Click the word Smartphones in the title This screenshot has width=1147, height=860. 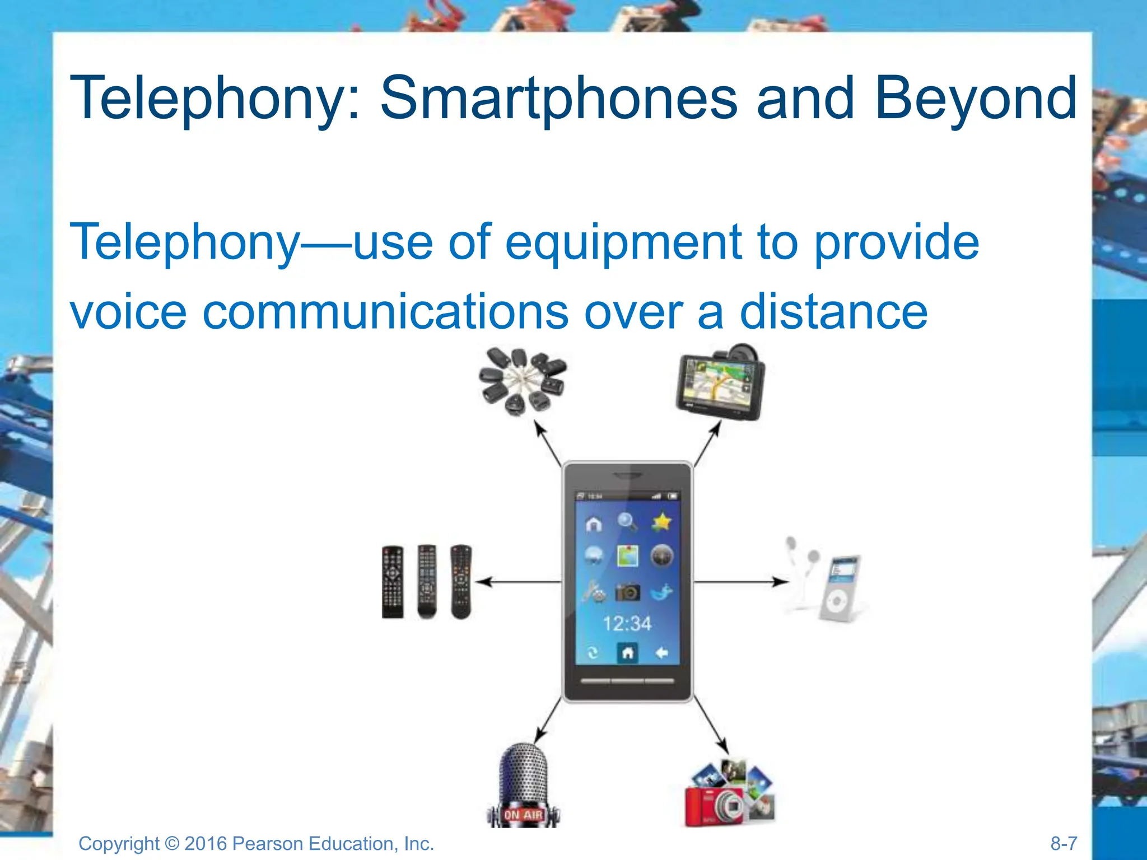coord(558,99)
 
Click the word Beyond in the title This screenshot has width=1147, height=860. coord(975,99)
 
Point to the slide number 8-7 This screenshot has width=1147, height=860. coord(1064,843)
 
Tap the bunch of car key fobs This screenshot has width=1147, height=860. coord(522,381)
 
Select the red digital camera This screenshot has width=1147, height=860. coord(714,805)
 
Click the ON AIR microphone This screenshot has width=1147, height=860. coord(523,784)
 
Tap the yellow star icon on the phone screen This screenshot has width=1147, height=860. coord(661,522)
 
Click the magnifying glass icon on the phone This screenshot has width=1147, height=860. coord(627,522)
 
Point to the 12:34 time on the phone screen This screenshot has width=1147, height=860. coord(627,623)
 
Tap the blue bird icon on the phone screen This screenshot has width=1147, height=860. coord(661,592)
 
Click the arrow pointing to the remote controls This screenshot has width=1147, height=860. coord(518,582)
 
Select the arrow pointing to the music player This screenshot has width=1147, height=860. coord(739,582)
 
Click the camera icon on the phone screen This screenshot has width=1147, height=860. coord(627,592)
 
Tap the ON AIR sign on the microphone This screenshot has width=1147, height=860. coord(523,815)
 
